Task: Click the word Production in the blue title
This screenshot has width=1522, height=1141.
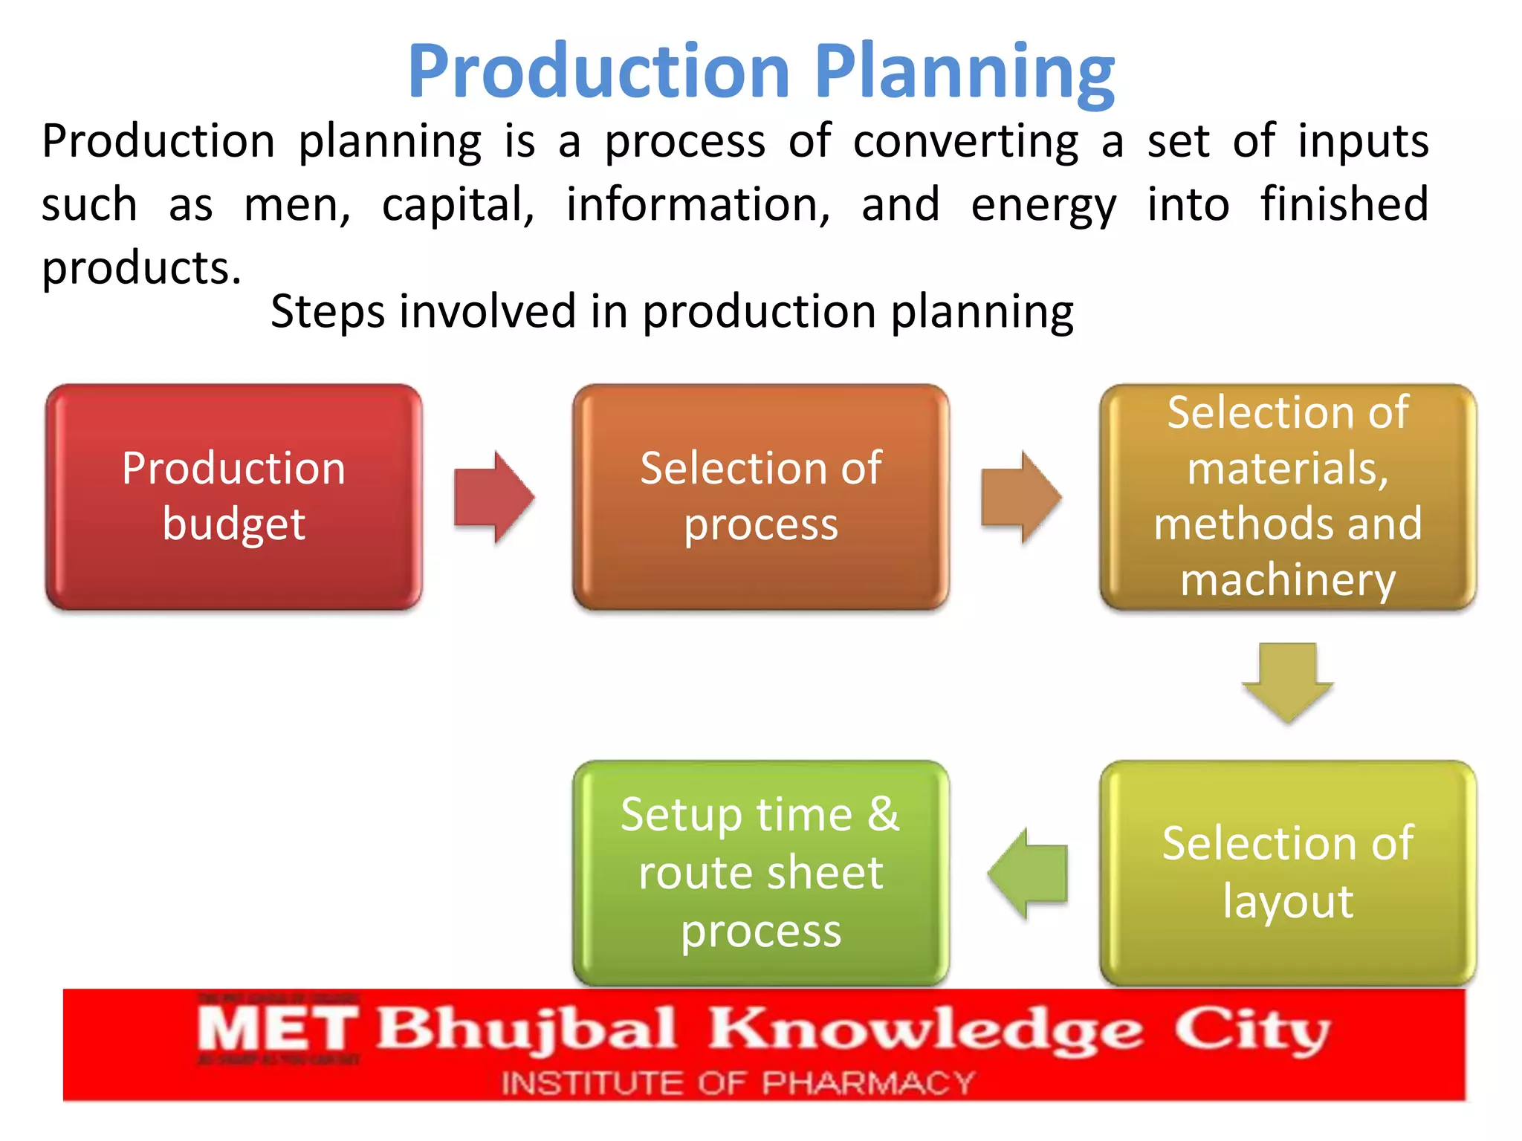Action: (x=598, y=72)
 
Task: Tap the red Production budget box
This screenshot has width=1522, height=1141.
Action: (x=234, y=496)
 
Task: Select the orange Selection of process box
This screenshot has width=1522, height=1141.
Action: (x=760, y=496)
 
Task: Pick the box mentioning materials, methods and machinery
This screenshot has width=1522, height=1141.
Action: (x=1287, y=496)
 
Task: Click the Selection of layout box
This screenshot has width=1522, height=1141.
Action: (x=1287, y=873)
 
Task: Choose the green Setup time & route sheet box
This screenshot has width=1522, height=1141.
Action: (x=760, y=873)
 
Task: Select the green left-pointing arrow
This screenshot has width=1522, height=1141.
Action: (x=1029, y=873)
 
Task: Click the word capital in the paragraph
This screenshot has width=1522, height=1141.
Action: (x=457, y=204)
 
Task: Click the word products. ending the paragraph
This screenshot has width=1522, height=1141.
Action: (x=141, y=269)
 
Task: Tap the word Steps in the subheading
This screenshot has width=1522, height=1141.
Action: (x=328, y=312)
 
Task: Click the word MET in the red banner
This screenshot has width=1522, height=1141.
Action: (x=277, y=1030)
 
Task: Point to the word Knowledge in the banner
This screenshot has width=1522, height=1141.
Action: (x=924, y=1030)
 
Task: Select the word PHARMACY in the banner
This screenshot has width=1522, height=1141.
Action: (x=867, y=1083)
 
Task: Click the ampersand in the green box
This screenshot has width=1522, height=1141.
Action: (x=883, y=814)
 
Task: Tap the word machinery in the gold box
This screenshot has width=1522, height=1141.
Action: (x=1287, y=580)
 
